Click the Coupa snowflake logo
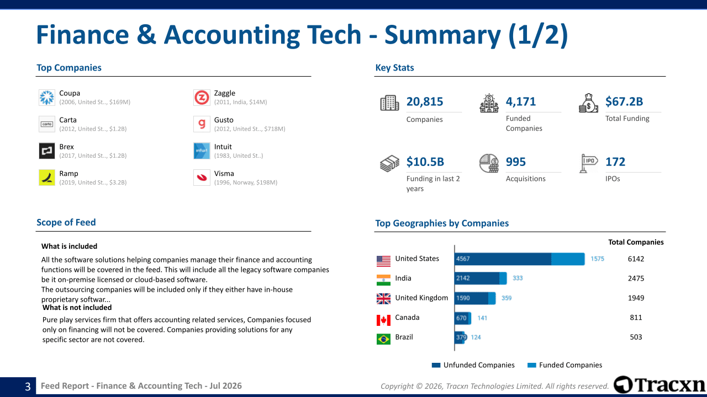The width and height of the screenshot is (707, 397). (47, 98)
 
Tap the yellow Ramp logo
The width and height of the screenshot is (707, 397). (47, 178)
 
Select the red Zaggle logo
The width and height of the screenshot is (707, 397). (202, 98)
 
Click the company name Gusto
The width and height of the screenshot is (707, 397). (224, 120)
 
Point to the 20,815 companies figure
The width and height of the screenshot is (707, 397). (425, 101)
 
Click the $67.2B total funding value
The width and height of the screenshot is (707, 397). (624, 101)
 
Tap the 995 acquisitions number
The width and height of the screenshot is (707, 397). (516, 162)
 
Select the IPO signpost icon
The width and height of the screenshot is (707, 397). (588, 163)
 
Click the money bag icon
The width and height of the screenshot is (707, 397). (588, 103)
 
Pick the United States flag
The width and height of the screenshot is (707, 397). (383, 261)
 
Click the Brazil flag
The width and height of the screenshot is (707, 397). (383, 339)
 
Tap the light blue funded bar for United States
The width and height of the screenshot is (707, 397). (568, 259)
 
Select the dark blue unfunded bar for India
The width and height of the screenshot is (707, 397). (477, 278)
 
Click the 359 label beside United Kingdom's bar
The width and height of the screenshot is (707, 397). (506, 298)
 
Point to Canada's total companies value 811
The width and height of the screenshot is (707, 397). (636, 318)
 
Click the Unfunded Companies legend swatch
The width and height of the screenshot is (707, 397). (436, 365)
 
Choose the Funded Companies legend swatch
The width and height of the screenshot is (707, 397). (532, 365)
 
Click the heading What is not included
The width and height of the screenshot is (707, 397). (77, 308)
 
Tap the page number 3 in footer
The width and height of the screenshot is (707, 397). (28, 387)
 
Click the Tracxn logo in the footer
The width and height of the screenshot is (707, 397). (659, 385)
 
